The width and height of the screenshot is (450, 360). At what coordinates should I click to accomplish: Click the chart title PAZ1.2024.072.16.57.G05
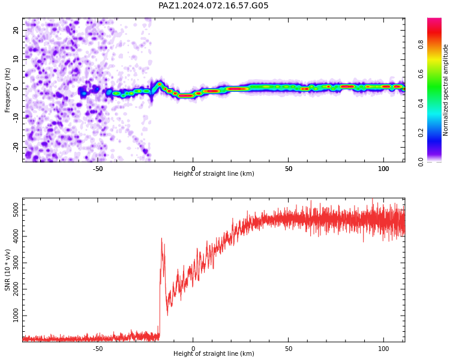213,5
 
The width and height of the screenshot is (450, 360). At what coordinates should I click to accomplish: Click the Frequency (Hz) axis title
7,90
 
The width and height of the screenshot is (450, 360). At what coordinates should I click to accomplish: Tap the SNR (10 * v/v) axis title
7,270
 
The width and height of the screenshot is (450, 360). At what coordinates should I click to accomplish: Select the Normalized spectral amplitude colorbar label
445,90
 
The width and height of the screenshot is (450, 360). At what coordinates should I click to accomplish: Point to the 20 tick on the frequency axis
16,30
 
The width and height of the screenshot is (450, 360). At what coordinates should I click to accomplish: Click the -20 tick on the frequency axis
16,147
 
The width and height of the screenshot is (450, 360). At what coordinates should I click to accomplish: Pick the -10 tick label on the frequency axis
16,118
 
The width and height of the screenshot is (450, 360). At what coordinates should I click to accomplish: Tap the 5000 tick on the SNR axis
16,210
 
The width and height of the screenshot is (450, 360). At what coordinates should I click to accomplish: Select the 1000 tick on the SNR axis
16,316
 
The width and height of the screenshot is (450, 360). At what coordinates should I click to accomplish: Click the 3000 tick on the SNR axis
16,263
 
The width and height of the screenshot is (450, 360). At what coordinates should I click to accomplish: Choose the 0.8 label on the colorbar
421,44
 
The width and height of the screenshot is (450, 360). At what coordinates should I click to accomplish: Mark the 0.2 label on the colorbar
421,133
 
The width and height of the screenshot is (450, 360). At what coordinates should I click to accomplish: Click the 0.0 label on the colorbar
421,162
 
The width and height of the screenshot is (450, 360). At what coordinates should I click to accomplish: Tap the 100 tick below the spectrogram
383,169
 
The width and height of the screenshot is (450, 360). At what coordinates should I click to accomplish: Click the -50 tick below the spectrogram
98,169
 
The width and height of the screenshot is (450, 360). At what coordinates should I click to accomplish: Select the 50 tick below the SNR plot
289,349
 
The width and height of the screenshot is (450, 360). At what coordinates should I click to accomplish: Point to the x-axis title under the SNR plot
214,353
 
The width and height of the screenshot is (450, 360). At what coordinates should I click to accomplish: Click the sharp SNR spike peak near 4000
161,238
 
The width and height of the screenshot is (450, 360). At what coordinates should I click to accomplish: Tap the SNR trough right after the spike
167,315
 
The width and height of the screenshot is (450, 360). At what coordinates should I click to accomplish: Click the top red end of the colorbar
434,19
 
